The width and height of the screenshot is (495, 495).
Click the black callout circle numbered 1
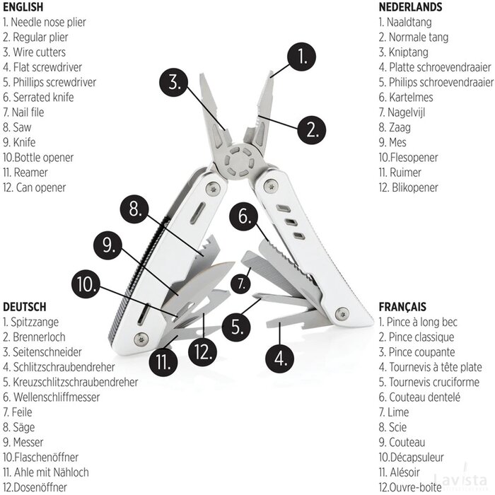point(302,57)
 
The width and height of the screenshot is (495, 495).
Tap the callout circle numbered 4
point(281,357)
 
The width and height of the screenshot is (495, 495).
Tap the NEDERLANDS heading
point(410,7)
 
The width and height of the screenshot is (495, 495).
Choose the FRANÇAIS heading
point(402,307)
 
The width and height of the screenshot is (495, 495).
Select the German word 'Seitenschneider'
point(47,352)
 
